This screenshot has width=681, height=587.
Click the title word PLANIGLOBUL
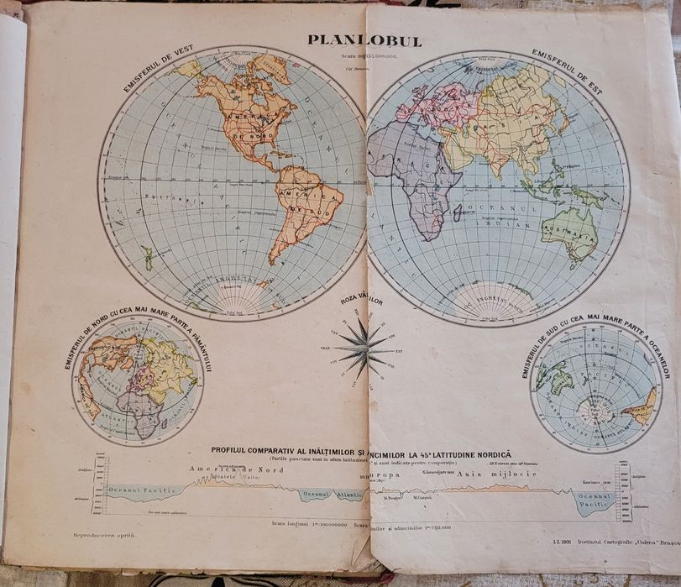tap(364, 40)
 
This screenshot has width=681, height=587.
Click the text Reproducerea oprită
tap(103, 534)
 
